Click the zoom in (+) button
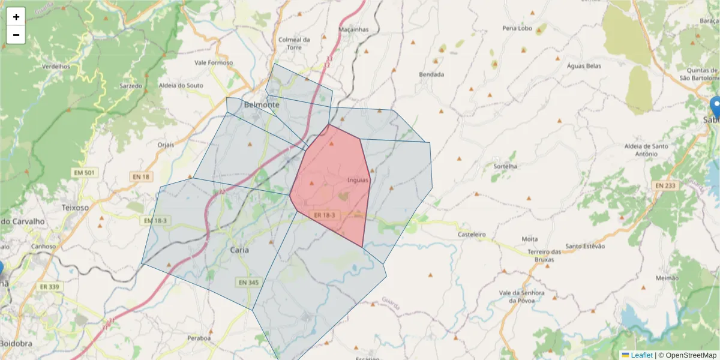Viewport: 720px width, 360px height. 16,17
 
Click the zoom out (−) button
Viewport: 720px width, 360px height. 16,35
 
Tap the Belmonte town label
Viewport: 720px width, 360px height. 262,105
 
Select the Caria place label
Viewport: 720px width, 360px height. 239,250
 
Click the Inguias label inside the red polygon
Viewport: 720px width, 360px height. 358,180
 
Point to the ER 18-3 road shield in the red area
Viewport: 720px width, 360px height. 325,215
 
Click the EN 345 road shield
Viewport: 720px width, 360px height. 248,282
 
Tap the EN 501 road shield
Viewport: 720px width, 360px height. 84,173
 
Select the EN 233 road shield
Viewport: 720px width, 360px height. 667,186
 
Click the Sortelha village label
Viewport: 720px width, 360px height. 505,166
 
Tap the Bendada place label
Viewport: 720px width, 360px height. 431,74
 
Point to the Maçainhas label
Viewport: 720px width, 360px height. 353,29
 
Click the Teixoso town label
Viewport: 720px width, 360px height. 75,207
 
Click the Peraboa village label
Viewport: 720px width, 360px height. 199,338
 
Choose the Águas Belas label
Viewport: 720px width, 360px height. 584,65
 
